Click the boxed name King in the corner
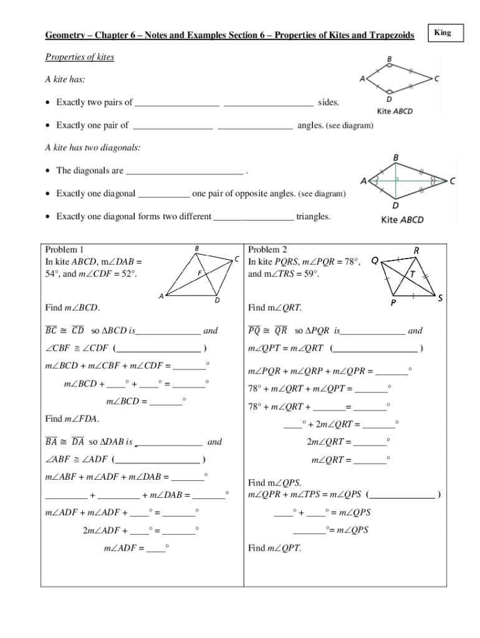point(443,32)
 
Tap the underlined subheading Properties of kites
point(79,57)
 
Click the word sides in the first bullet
point(329,102)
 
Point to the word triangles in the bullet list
point(314,216)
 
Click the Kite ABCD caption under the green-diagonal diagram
point(402,219)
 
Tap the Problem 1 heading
point(65,250)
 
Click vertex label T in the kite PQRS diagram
point(412,274)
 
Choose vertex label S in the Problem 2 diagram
point(439,298)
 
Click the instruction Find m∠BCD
point(72,308)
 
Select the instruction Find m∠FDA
point(72,418)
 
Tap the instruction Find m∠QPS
point(275,483)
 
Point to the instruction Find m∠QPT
point(275,548)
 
